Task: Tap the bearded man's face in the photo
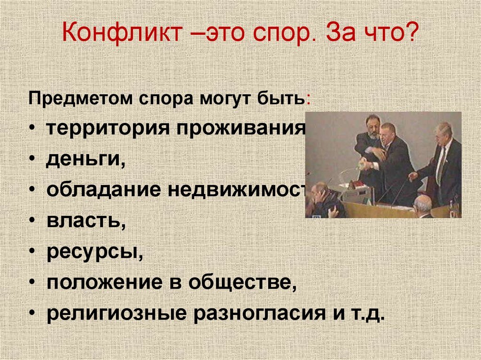click(372, 126)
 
